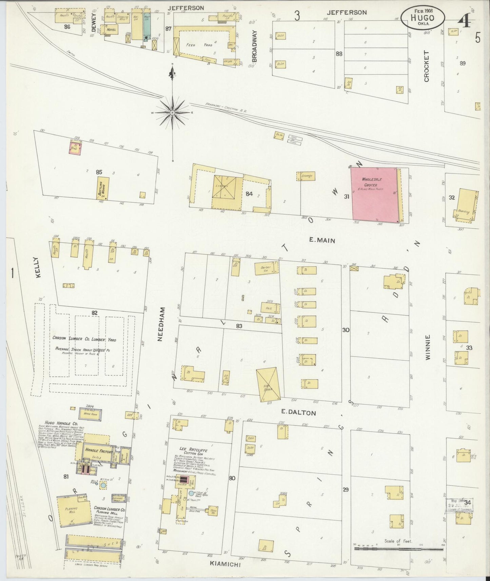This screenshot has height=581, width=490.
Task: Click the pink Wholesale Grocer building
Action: point(375,194)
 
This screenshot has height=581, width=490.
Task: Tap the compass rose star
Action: point(173,112)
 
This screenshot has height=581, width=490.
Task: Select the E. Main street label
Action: point(322,241)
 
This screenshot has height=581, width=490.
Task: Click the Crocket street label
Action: point(426,66)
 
